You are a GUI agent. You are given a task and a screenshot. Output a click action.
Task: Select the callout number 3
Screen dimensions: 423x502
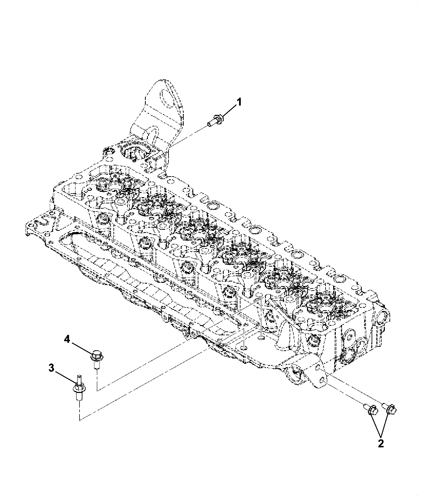[51, 368]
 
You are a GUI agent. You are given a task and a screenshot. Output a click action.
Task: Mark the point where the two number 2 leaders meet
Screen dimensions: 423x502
[381, 436]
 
